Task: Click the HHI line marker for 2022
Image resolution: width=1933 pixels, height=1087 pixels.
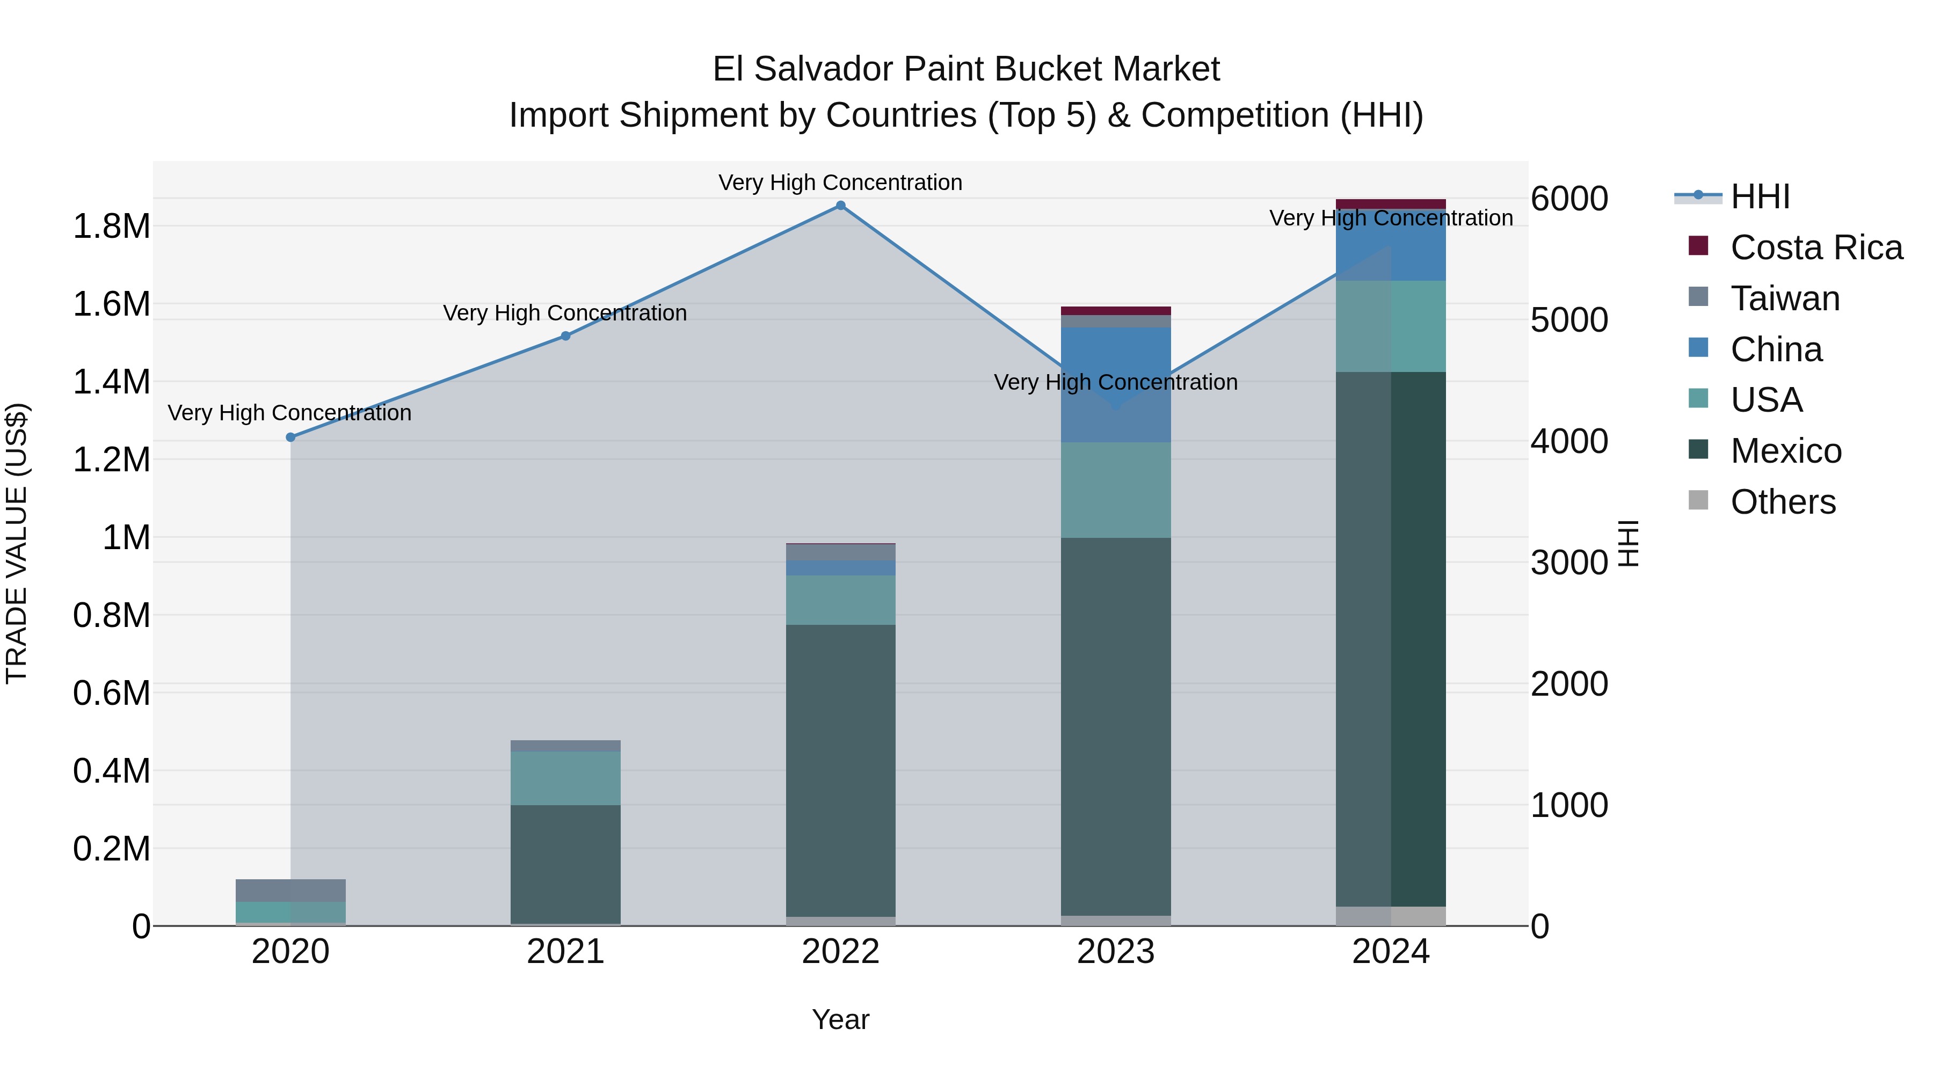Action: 840,206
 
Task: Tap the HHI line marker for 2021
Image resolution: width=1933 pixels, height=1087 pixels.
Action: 566,336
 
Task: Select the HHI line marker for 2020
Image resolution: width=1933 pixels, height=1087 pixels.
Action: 291,437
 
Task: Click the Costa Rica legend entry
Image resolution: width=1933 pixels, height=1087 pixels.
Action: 1816,247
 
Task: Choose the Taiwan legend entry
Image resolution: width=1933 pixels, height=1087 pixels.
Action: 1784,298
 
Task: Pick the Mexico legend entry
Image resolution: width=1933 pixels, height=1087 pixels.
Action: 1785,451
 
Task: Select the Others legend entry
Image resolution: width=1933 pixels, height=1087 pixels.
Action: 1782,502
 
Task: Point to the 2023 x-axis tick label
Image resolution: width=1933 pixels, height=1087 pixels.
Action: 1115,952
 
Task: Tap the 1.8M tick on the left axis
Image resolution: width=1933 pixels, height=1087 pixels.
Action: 112,226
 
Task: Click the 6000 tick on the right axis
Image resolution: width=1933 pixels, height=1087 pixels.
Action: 1569,199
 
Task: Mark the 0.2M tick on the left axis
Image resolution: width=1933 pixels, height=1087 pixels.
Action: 112,849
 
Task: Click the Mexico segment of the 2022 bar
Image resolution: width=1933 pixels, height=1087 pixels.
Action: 840,769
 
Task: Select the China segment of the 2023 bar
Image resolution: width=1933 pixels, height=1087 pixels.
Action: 1115,384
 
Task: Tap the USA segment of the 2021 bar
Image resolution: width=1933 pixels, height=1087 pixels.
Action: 566,778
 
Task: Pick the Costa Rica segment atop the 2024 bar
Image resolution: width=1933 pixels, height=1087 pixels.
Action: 1391,204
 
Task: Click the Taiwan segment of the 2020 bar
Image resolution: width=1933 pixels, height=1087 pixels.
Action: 291,891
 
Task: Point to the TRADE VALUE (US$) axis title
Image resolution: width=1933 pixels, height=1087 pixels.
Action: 17,543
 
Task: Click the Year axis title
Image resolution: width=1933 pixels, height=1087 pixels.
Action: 840,1019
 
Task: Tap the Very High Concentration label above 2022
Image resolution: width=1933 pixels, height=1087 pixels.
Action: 840,183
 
